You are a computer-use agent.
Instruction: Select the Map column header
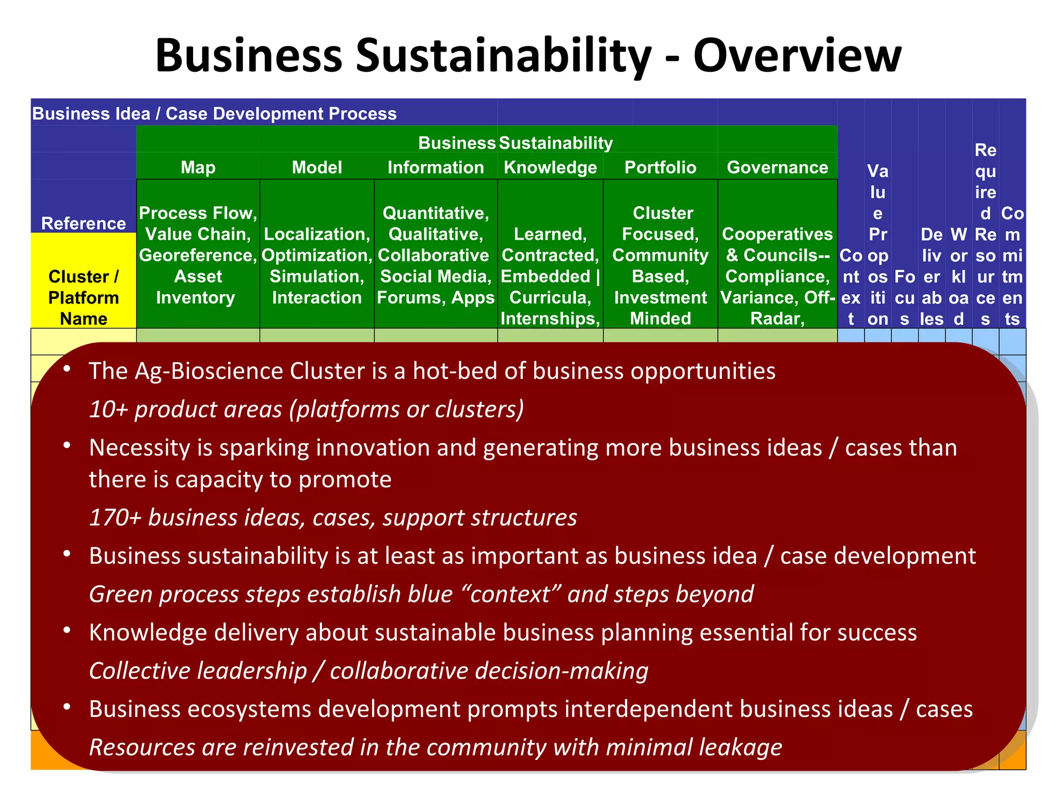(198, 167)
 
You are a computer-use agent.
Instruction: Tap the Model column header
(317, 167)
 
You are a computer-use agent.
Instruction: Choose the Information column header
(436, 167)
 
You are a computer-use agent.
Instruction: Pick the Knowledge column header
(550, 167)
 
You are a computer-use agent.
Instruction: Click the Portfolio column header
(660, 167)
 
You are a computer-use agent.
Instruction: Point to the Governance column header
(777, 167)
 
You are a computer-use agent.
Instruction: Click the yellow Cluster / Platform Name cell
(84, 297)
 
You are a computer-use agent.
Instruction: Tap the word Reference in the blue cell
(84, 223)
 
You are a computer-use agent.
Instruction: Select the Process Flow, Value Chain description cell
(198, 255)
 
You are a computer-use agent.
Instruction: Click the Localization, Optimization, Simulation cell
(317, 265)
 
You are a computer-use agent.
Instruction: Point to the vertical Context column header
(851, 287)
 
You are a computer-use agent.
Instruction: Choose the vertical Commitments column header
(1012, 265)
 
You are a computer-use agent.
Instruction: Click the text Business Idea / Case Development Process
(214, 114)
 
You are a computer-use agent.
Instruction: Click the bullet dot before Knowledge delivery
(67, 630)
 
